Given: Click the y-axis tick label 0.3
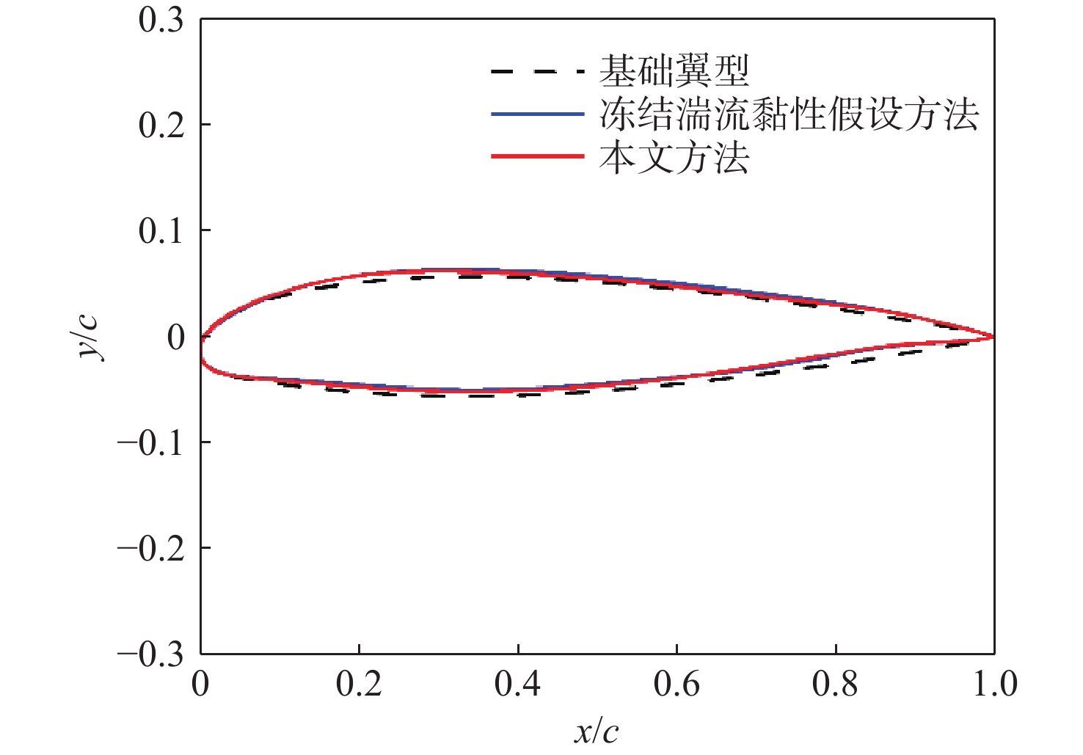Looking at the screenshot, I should [x=161, y=20].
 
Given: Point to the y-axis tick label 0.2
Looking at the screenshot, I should [x=161, y=125].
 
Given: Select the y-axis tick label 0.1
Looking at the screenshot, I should [x=161, y=231].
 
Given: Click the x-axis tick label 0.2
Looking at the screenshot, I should [x=359, y=685].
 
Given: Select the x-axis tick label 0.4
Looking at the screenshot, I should [x=517, y=685].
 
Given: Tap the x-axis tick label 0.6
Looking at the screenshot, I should [x=677, y=685].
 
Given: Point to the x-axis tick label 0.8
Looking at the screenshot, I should [x=835, y=685].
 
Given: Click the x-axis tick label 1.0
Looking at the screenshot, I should [x=994, y=685].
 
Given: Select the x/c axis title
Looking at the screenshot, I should [x=596, y=732].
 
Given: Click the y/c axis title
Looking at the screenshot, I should [x=91, y=338].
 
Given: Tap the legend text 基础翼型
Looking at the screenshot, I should [x=674, y=71].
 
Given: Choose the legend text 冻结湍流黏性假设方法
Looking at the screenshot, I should [x=789, y=114].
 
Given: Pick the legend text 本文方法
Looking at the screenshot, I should [x=674, y=158].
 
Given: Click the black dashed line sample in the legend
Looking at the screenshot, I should [x=537, y=72].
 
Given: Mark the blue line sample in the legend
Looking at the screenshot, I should [x=537, y=114].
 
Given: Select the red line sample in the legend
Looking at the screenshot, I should [x=537, y=157].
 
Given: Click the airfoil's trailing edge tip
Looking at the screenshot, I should [x=993, y=337].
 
